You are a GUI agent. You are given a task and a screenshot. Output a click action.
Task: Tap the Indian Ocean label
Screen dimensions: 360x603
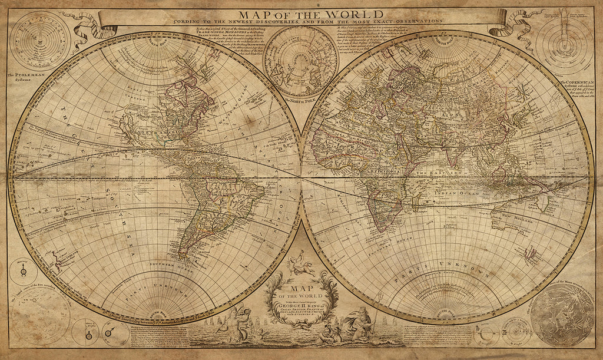pyautogui.click(x=452, y=193)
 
